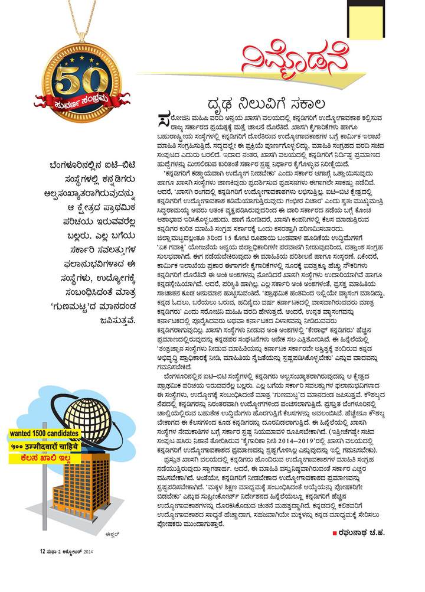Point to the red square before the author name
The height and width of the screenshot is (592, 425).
tap(335, 535)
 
